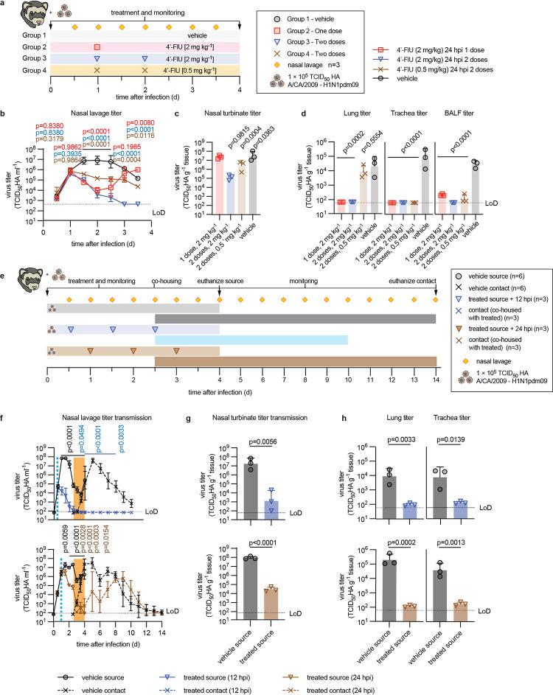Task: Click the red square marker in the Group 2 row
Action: point(97,46)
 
